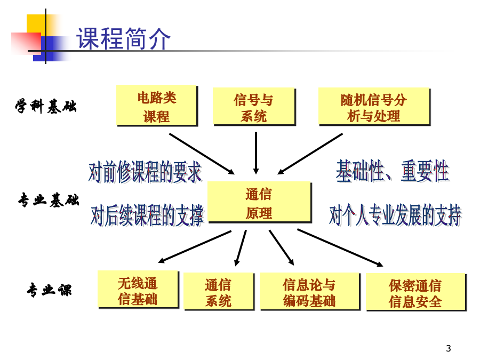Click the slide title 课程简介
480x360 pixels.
click(x=123, y=38)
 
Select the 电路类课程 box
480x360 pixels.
click(x=157, y=105)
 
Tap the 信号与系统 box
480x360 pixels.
click(x=254, y=107)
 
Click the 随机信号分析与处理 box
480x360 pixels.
click(x=374, y=107)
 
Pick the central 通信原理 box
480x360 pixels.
click(x=259, y=202)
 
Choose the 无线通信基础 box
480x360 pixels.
click(x=138, y=289)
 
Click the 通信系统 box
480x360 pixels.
click(x=219, y=291)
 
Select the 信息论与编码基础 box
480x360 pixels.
click(x=309, y=291)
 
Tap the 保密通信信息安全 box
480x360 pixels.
click(x=415, y=292)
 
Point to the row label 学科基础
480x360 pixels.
click(x=46, y=106)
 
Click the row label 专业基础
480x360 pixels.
click(x=49, y=200)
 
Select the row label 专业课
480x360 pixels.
click(x=49, y=290)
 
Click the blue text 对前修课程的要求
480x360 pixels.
click(x=146, y=172)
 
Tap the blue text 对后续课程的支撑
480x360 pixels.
click(x=147, y=215)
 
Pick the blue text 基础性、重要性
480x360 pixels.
click(x=393, y=171)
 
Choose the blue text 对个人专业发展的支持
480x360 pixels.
click(x=395, y=215)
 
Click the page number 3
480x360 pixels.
click(x=449, y=348)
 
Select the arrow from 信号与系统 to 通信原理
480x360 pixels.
click(x=256, y=153)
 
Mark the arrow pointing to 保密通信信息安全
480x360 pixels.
click(x=340, y=247)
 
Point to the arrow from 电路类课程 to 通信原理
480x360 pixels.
click(x=202, y=154)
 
